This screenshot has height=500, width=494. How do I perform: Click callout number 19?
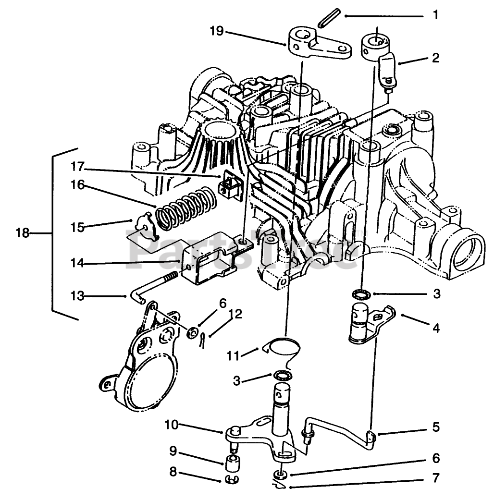point(216,32)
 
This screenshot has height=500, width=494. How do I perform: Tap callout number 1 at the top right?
point(435,15)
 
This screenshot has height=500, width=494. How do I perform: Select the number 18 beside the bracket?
point(22,233)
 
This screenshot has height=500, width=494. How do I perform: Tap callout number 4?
point(435,329)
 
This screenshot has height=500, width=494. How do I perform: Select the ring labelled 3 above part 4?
point(361,293)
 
